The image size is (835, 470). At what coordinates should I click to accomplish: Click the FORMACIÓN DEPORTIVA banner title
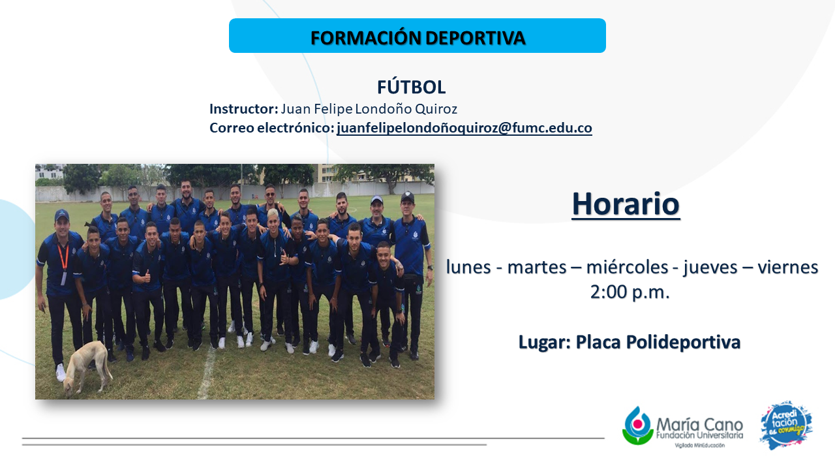coord(418,38)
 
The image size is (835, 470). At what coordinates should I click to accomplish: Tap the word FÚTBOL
coord(411,87)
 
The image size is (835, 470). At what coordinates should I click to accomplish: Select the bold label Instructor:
coord(244,109)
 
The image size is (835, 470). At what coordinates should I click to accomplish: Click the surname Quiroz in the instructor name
coord(436,109)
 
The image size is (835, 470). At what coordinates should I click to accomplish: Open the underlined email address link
coord(464,128)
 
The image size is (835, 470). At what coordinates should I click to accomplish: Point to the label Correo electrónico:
coord(272,128)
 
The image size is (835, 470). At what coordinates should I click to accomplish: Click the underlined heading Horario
coord(626,204)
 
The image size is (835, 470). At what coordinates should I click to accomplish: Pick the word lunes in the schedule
coord(468,267)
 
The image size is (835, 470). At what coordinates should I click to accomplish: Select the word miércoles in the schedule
coord(627,267)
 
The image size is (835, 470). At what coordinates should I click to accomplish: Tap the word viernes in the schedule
coord(787,267)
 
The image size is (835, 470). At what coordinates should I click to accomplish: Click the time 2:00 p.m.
coord(630,292)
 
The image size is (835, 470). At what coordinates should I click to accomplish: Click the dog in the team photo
coord(85,367)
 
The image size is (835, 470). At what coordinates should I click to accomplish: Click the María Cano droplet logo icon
coord(638,426)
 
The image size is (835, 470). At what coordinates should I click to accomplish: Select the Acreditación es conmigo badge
coord(786,425)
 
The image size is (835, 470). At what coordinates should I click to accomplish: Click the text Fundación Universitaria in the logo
coord(699,435)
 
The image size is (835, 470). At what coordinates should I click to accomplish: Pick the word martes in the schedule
coord(537,267)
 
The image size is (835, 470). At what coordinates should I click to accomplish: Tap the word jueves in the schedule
coord(710,268)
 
